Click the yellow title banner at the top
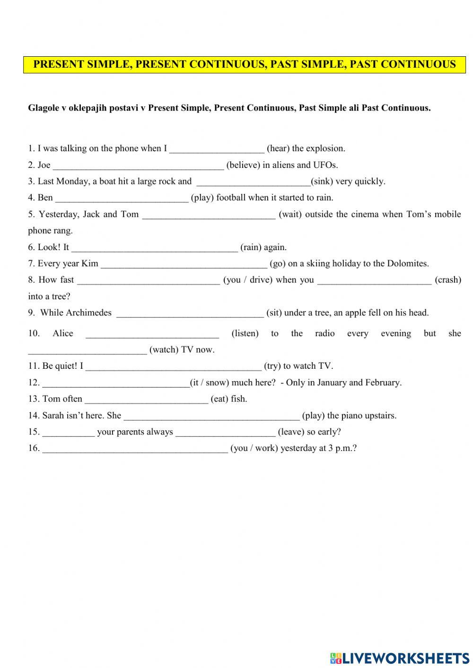coord(245,64)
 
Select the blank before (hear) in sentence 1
coord(217,149)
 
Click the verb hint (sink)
coord(322,182)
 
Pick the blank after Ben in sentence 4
coord(122,198)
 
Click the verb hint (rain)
coord(251,247)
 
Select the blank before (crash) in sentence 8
coord(374,280)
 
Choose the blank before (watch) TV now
coord(88,350)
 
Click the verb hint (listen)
coord(245,334)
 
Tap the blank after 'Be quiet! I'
coord(174,366)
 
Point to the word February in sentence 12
coord(383,383)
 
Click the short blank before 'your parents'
coord(69,433)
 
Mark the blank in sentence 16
coord(135,449)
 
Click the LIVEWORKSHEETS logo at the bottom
coord(399,658)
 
